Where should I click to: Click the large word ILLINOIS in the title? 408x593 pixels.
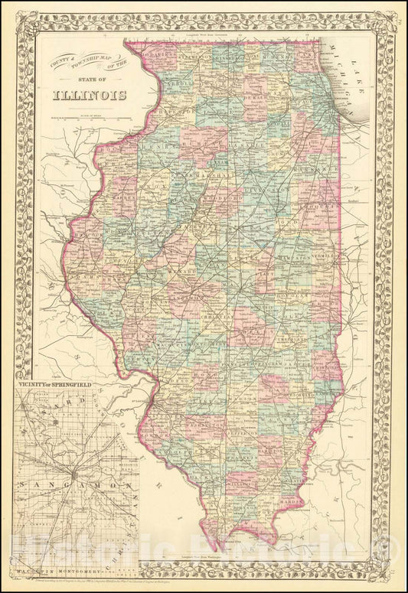(x=90, y=95)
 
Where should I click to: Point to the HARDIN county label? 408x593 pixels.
(x=298, y=502)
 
